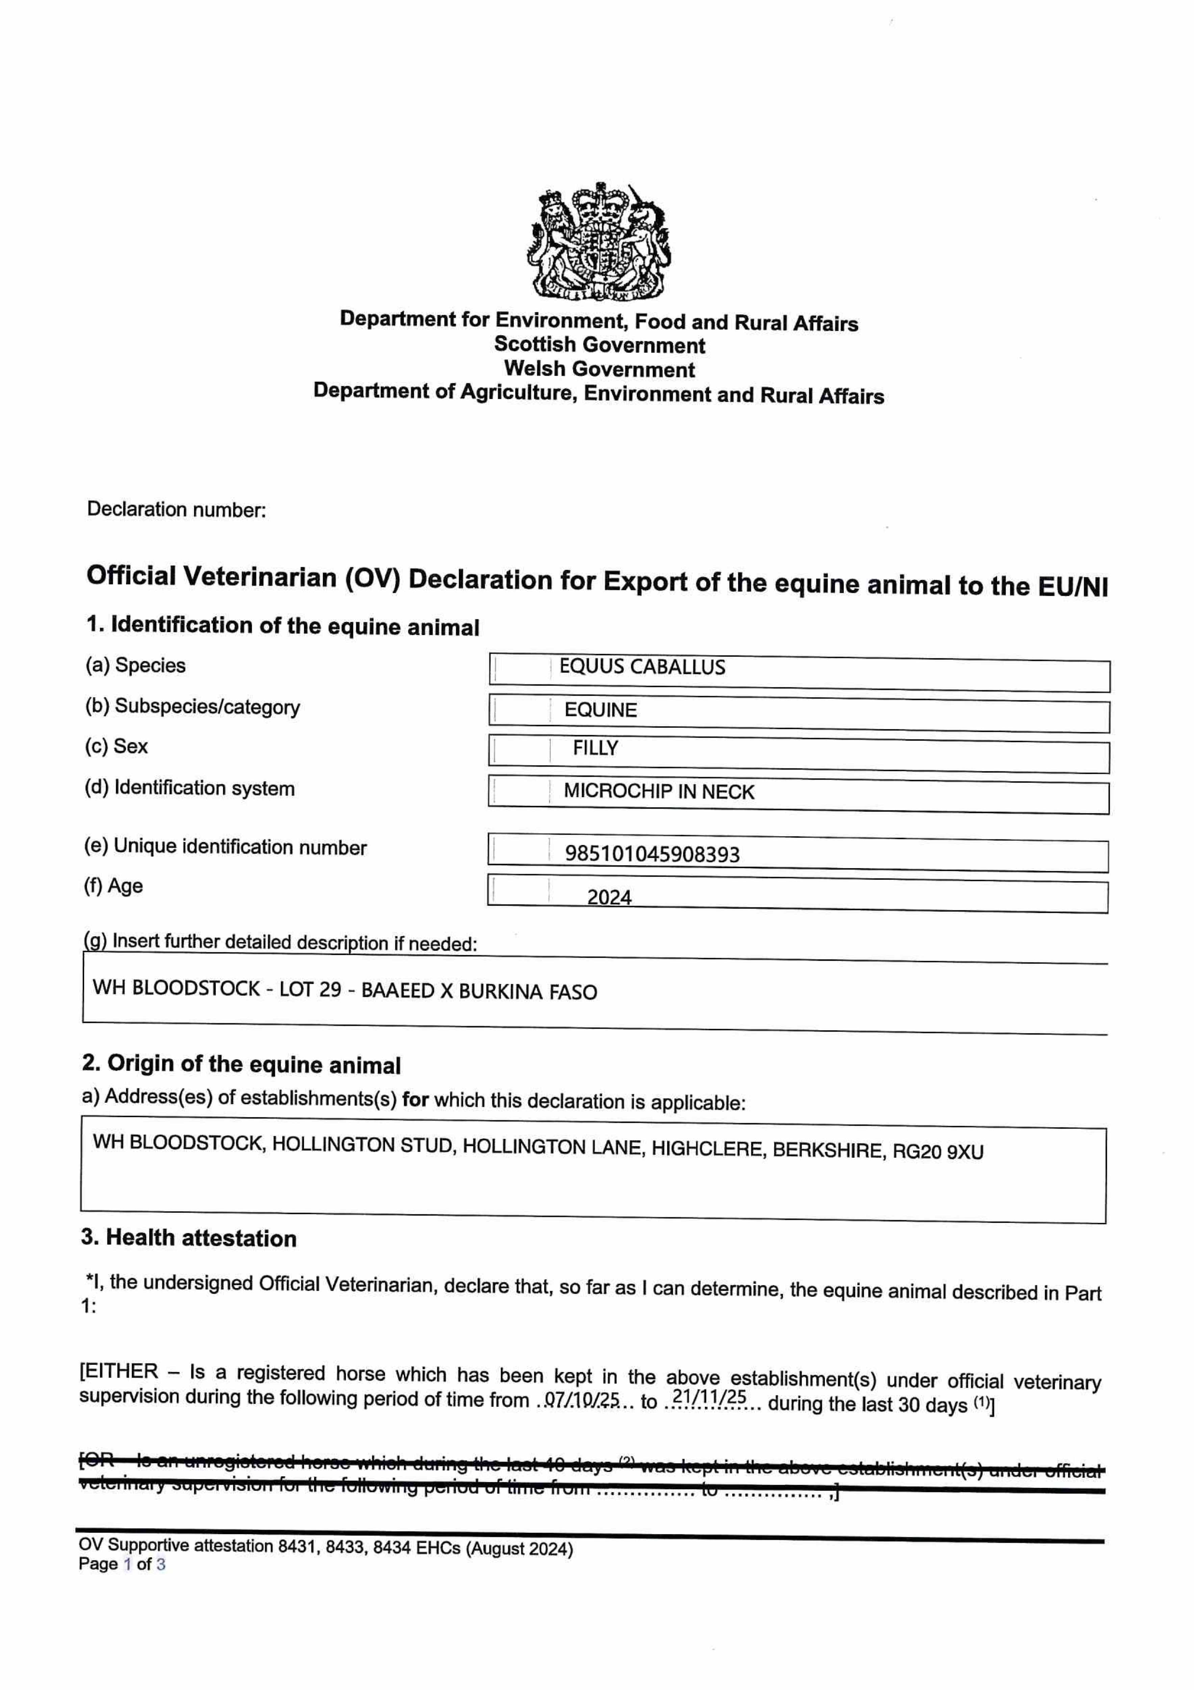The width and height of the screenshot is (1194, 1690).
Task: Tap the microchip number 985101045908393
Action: point(652,854)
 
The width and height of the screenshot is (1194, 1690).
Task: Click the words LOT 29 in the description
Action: point(310,989)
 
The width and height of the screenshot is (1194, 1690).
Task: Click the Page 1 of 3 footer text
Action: point(122,1564)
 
